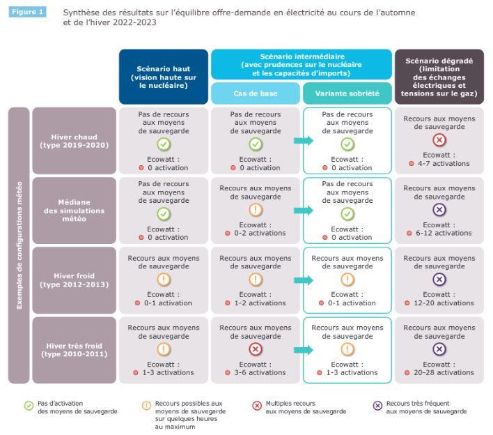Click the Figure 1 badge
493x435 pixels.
[x=27, y=12]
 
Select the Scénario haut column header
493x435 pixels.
[x=164, y=77]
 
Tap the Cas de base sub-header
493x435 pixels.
[x=256, y=93]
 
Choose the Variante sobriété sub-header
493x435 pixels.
[x=347, y=93]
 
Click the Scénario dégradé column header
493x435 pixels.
[x=439, y=77]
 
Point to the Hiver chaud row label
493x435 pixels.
[x=75, y=141]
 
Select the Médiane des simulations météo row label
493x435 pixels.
[x=75, y=211]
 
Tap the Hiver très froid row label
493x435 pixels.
[x=75, y=350]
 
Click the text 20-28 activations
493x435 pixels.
[x=444, y=372]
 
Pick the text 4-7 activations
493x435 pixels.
[x=444, y=163]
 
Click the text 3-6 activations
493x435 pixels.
[x=260, y=372]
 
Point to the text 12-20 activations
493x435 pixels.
[x=444, y=303]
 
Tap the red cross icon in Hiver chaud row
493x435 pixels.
[x=439, y=139]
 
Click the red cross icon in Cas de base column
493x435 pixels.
[x=256, y=349]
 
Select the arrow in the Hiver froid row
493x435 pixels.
[x=304, y=280]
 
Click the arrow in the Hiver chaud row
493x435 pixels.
[x=304, y=140]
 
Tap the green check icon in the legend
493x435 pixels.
[x=29, y=406]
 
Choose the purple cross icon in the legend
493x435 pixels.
[x=377, y=406]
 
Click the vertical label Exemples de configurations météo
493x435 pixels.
[x=19, y=245]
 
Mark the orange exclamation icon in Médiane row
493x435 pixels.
[x=256, y=210]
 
